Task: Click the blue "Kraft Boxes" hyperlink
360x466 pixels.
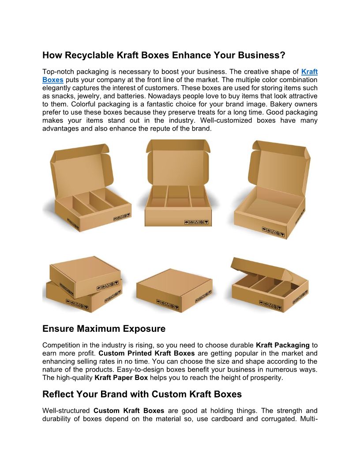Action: click(309, 72)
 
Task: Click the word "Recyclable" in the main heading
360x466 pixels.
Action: click(89, 55)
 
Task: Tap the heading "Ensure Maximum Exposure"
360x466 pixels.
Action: click(104, 329)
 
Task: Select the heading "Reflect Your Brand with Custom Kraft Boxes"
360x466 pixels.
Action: click(142, 394)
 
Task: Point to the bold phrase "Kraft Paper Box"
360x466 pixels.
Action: click(121, 378)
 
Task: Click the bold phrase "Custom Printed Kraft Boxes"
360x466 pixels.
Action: click(147, 353)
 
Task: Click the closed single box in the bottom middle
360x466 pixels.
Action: click(174, 290)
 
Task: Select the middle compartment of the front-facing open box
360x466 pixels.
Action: click(178, 196)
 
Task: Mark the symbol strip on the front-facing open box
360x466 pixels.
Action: click(196, 222)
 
